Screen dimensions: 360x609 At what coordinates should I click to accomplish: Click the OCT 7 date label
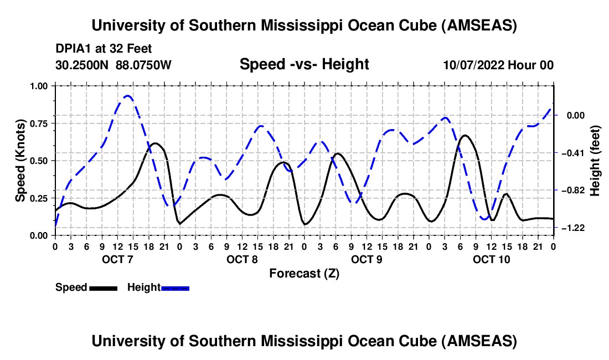tap(116, 259)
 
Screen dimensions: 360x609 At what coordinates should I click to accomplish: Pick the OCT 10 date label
tap(491, 259)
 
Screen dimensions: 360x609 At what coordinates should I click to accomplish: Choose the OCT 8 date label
tap(241, 259)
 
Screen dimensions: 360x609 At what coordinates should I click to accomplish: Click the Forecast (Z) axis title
tap(304, 273)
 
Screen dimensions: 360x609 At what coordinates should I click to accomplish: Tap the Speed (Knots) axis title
tap(20, 161)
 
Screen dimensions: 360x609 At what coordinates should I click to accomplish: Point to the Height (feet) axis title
tap(595, 161)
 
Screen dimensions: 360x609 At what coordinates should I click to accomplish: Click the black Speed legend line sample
tap(103, 288)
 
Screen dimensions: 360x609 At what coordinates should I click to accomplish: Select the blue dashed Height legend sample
tap(175, 288)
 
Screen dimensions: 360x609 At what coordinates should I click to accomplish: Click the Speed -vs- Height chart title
tap(304, 64)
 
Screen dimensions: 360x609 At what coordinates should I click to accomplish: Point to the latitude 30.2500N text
tap(82, 65)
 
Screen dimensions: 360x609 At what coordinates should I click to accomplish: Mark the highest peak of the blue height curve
tap(127, 96)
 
